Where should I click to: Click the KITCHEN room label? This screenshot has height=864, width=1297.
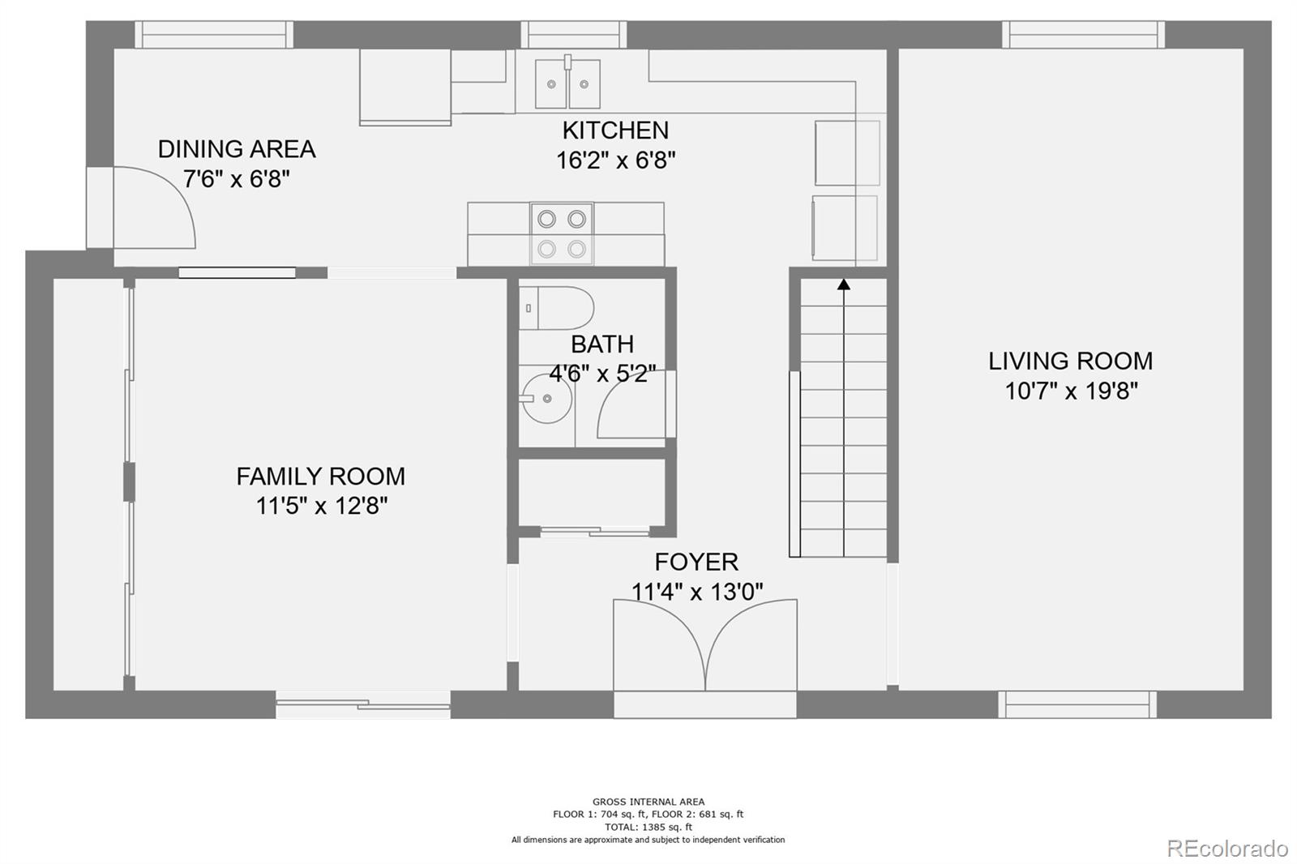pyautogui.click(x=615, y=130)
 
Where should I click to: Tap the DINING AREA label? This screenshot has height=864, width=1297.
pyautogui.click(x=237, y=149)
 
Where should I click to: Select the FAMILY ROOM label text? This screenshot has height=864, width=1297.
pyautogui.click(x=321, y=477)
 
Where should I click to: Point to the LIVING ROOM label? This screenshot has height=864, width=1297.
pyautogui.click(x=1071, y=361)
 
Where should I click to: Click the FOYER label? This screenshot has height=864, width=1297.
pyautogui.click(x=696, y=562)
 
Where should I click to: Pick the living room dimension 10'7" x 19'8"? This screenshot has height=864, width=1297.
pyautogui.click(x=1071, y=391)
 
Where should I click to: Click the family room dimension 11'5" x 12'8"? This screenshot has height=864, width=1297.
pyautogui.click(x=321, y=506)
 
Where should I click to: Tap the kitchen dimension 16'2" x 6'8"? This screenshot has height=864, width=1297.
pyautogui.click(x=616, y=160)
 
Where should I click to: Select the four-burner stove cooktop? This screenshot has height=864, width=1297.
pyautogui.click(x=562, y=233)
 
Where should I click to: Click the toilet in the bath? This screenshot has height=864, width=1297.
pyautogui.click(x=556, y=308)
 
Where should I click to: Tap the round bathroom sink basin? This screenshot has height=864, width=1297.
pyautogui.click(x=546, y=399)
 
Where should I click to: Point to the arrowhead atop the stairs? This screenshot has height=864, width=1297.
pyautogui.click(x=844, y=284)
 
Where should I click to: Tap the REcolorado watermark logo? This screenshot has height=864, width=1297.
pyautogui.click(x=1227, y=849)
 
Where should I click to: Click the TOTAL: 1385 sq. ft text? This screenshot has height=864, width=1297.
pyautogui.click(x=648, y=827)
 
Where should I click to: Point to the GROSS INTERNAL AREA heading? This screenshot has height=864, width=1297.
pyautogui.click(x=648, y=802)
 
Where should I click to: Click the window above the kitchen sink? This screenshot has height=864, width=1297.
pyautogui.click(x=574, y=35)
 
